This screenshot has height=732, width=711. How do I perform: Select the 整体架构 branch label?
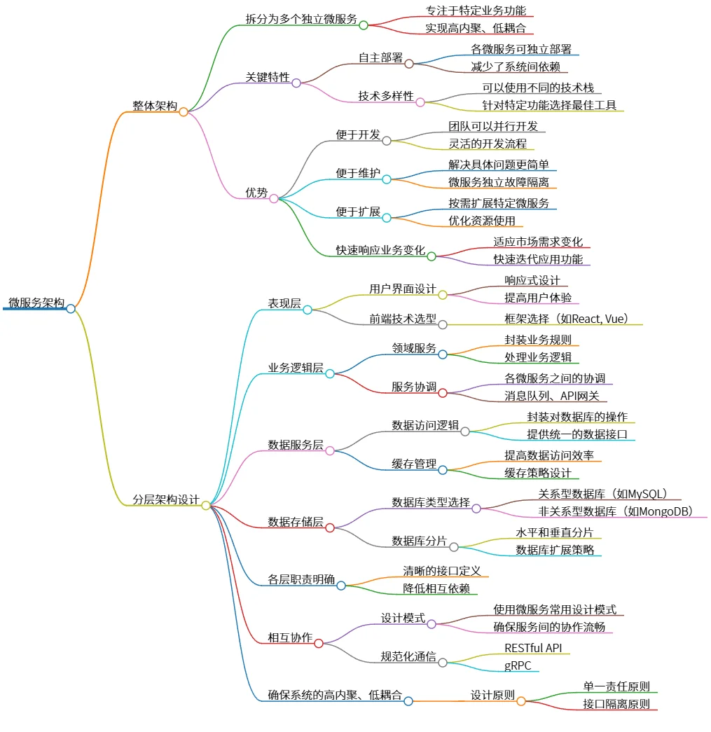click(155, 106)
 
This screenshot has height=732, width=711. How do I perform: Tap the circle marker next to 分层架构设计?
click(206, 505)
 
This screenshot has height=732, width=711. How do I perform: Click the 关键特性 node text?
click(267, 77)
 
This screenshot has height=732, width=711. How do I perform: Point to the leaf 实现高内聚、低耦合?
click(475, 29)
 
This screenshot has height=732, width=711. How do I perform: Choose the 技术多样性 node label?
click(386, 96)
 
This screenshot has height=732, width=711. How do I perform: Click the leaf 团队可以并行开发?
click(493, 127)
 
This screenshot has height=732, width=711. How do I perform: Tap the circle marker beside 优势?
click(274, 198)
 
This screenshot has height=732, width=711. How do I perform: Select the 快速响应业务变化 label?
click(380, 250)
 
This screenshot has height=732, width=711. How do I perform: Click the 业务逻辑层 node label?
click(296, 368)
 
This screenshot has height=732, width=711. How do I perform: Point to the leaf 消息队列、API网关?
click(552, 396)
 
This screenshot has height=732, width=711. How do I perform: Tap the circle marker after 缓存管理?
click(443, 470)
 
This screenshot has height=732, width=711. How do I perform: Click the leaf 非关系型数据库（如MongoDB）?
click(616, 511)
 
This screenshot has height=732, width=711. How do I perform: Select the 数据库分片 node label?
click(419, 540)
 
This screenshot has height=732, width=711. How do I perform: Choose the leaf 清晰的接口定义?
click(441, 571)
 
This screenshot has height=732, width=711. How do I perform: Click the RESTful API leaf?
click(533, 648)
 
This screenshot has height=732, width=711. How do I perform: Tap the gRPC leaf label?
click(518, 665)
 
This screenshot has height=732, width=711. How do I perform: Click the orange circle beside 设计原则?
click(521, 701)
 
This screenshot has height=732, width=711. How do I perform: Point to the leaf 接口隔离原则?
click(616, 704)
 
